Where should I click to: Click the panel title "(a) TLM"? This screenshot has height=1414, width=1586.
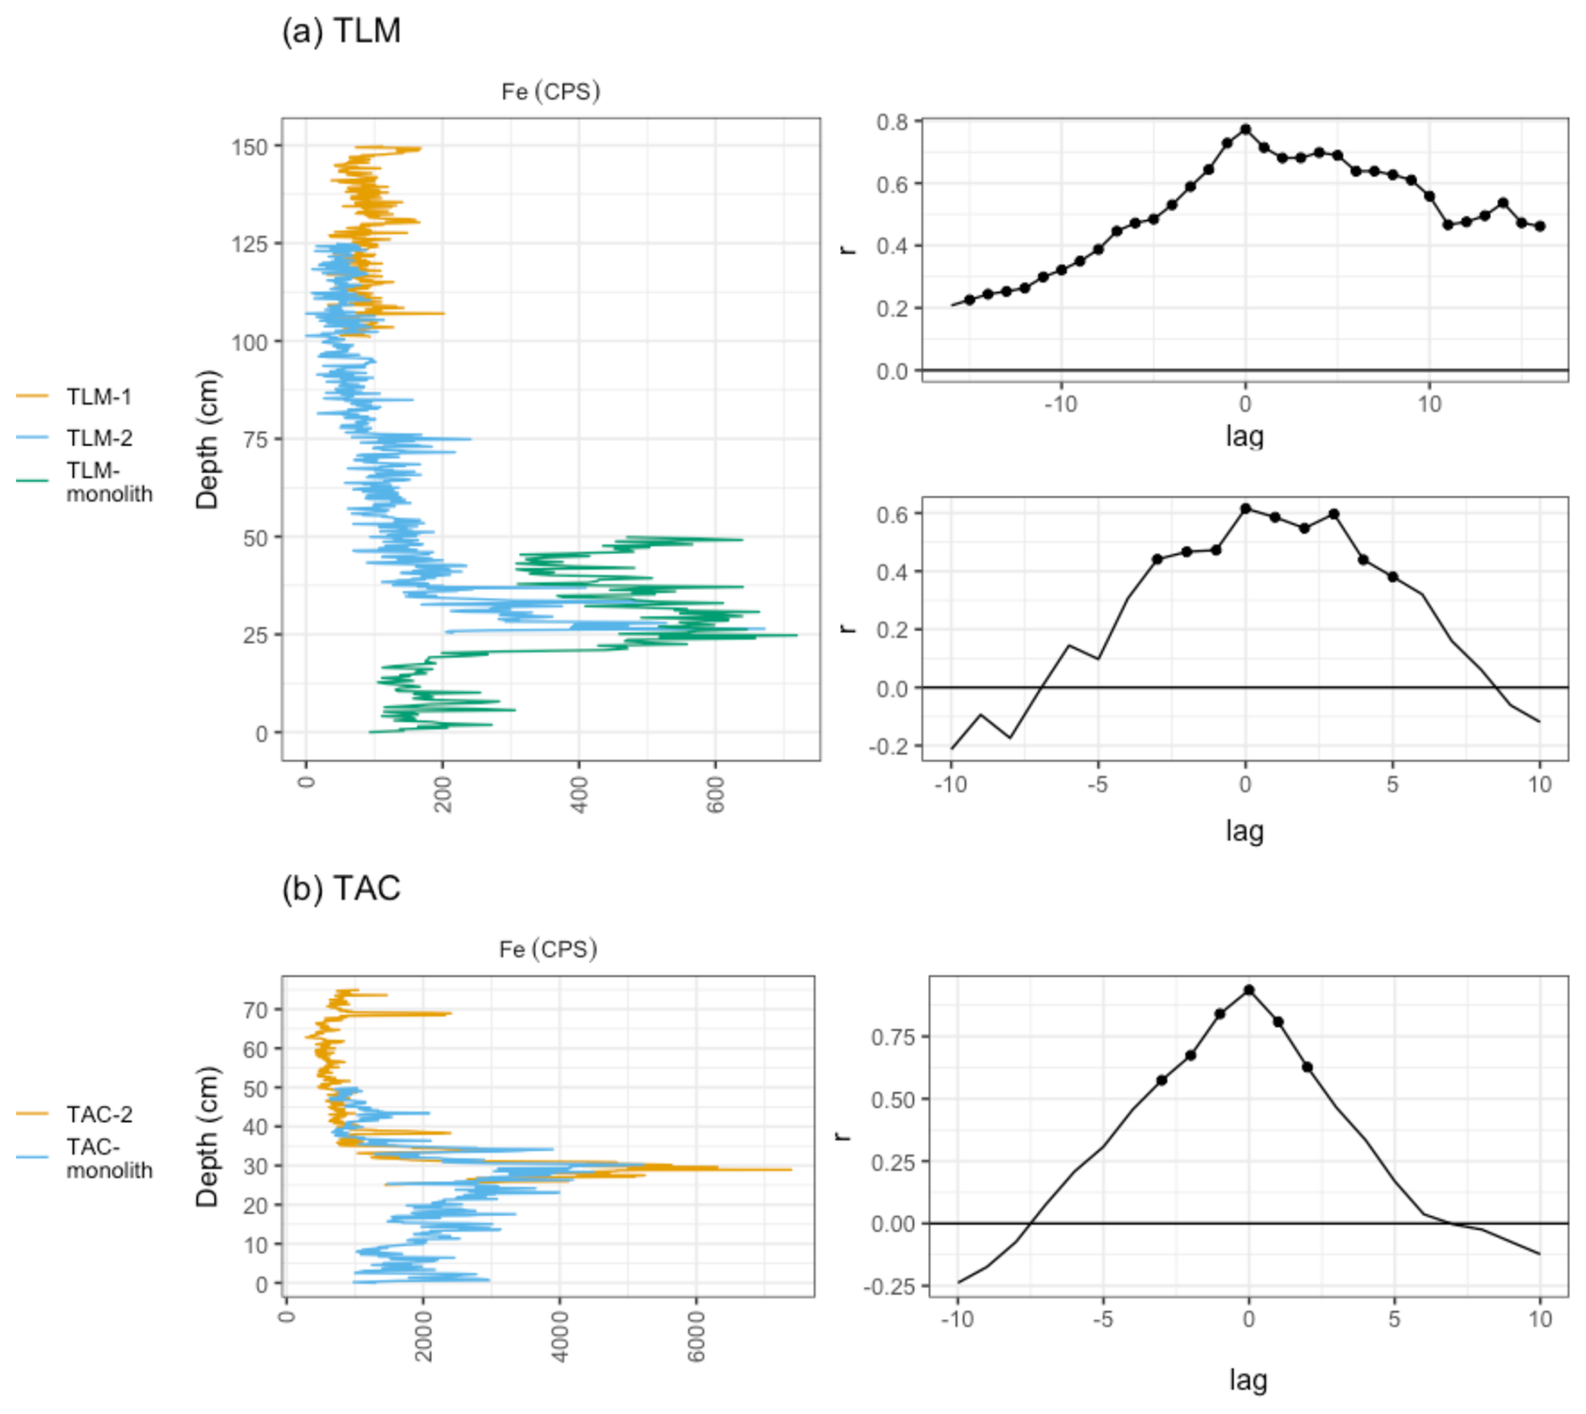[x=341, y=31]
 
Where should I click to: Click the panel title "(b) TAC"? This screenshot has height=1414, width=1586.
[x=341, y=888]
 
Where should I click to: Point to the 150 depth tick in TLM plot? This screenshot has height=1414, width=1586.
[x=250, y=147]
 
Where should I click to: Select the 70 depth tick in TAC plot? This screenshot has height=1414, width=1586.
[x=256, y=1009]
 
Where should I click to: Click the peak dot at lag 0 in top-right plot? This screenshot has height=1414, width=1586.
[x=1246, y=129]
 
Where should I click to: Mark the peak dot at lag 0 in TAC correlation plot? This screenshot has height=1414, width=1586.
[x=1249, y=990]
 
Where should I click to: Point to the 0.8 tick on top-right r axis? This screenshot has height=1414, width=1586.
[x=893, y=122]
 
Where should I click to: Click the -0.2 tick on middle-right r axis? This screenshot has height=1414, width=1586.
[x=889, y=746]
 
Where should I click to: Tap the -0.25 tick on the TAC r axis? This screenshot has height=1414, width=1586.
[x=894, y=1286]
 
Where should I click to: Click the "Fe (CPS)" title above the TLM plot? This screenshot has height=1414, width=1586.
[x=551, y=91]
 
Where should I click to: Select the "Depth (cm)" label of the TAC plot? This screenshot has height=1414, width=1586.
[x=206, y=1136]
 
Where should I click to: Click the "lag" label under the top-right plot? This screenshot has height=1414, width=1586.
[x=1245, y=436]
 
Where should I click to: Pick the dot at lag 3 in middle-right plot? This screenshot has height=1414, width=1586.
[x=1334, y=514]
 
